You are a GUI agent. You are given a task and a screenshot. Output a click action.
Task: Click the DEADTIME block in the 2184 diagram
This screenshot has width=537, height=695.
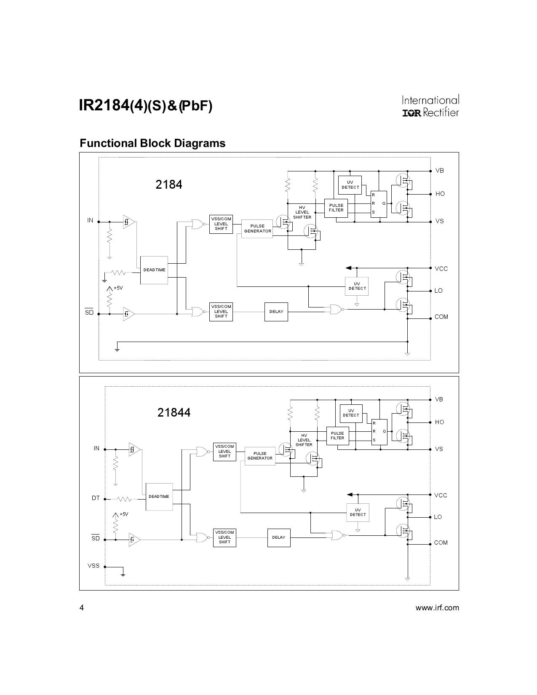tap(154, 270)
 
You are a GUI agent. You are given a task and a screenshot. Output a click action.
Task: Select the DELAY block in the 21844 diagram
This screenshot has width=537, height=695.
tap(278, 537)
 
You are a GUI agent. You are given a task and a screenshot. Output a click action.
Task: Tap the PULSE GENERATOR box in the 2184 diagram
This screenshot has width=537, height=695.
tap(257, 229)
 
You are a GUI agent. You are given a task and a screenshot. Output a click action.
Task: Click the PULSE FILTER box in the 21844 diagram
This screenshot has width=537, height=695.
tap(337, 436)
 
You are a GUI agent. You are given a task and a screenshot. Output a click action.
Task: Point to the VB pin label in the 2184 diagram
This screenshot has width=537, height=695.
tap(439, 171)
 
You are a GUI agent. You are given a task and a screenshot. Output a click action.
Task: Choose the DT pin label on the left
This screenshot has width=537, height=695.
tap(96, 498)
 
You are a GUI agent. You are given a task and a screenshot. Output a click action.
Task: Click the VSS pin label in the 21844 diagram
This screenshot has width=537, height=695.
tap(94, 566)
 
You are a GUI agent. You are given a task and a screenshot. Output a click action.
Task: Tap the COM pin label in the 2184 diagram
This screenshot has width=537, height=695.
tap(441, 317)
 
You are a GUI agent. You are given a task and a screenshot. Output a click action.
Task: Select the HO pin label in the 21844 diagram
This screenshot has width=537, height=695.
tap(439, 422)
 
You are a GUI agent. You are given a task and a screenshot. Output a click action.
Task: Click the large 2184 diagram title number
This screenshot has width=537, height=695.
tap(169, 184)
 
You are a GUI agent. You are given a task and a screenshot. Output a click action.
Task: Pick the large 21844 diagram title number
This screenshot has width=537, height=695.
tap(174, 412)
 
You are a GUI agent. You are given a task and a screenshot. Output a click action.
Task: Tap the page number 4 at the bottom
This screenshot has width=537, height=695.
tap(82, 608)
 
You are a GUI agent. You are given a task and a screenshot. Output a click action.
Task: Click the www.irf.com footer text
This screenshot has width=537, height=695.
tap(437, 608)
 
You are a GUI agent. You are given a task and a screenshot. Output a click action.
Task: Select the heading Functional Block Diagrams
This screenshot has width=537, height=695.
tap(152, 143)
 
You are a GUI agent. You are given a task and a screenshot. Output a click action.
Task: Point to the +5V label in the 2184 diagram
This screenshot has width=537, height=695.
tap(118, 288)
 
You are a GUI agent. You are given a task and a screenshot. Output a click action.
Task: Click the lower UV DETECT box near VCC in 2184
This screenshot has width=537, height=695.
tap(357, 286)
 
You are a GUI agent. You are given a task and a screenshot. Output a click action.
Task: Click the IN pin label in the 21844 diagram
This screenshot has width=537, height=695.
tap(96, 448)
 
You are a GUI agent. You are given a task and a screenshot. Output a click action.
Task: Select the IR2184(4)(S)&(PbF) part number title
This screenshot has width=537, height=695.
tap(146, 106)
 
